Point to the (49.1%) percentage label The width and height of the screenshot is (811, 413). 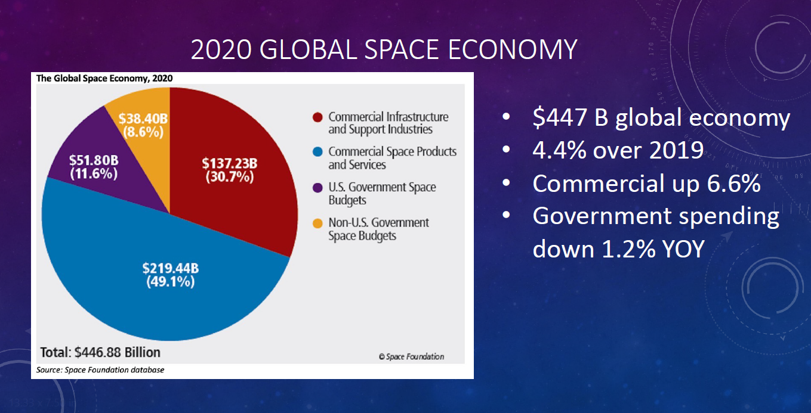pyautogui.click(x=170, y=282)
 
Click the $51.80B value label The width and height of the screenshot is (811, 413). pyautogui.click(x=93, y=160)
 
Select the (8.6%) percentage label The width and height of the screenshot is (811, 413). pyautogui.click(x=143, y=132)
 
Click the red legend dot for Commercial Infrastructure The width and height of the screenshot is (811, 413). pyautogui.click(x=317, y=117)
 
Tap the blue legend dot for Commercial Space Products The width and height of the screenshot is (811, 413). pyautogui.click(x=317, y=152)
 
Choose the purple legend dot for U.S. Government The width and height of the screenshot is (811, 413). pyautogui.click(x=317, y=187)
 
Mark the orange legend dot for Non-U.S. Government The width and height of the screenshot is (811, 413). pyautogui.click(x=317, y=223)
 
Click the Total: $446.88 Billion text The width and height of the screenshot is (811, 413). pyautogui.click(x=100, y=351)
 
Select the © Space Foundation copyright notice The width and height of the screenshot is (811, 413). pyautogui.click(x=411, y=356)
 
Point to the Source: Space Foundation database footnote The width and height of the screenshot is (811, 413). pyautogui.click(x=100, y=370)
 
